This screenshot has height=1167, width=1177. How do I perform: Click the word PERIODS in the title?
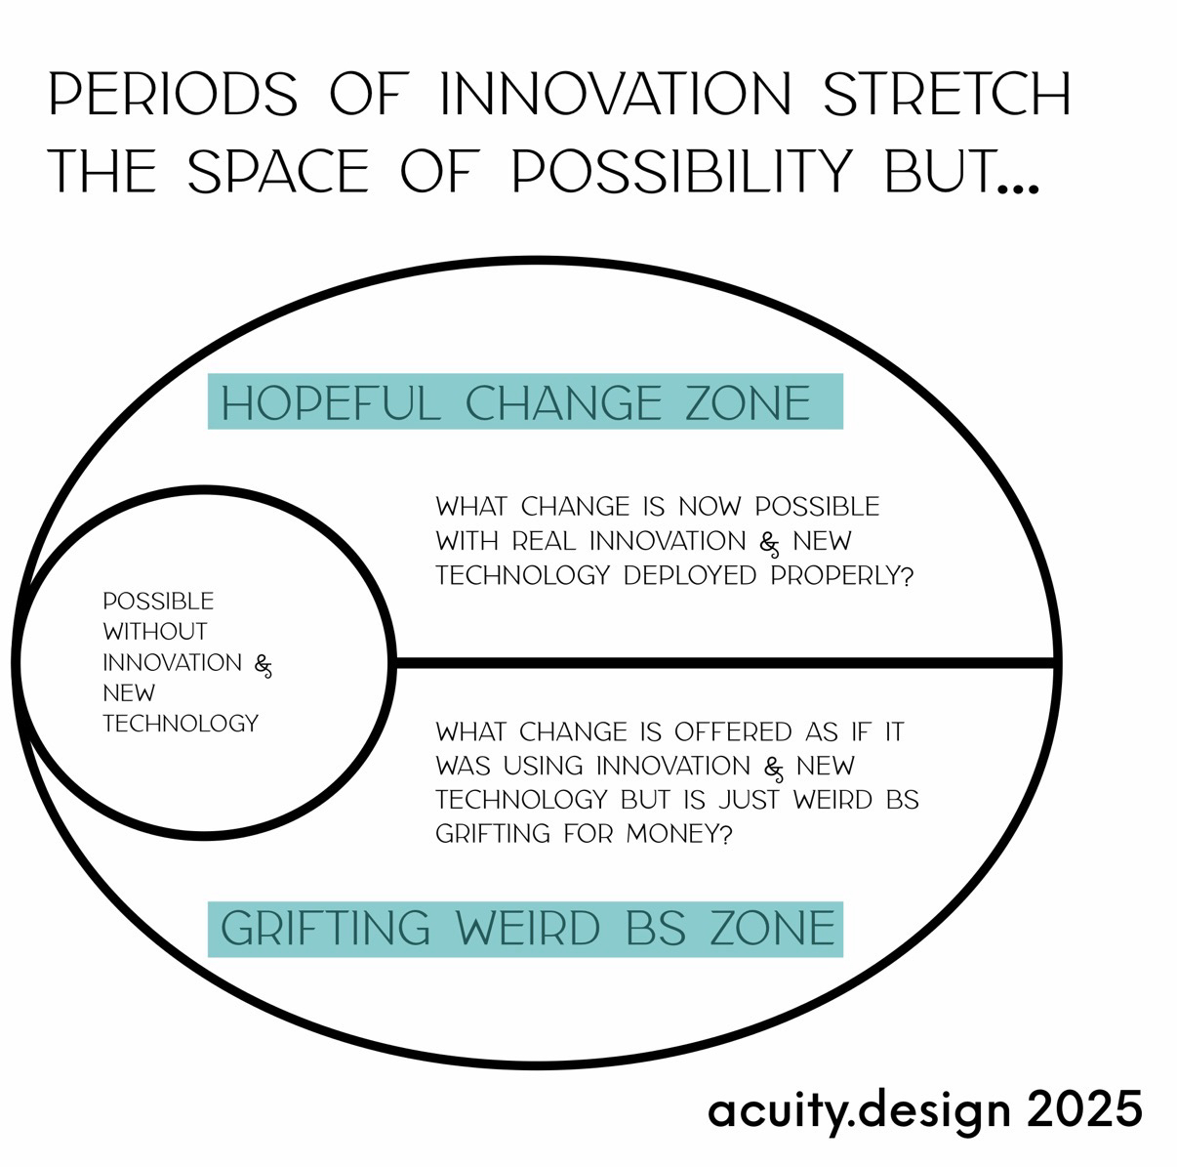point(173,94)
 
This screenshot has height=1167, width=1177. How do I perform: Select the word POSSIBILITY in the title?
point(681,171)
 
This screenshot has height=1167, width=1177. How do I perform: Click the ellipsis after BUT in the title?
point(1018,188)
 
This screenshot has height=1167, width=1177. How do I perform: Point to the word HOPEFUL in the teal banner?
point(331,402)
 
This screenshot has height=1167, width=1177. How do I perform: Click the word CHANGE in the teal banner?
point(563,402)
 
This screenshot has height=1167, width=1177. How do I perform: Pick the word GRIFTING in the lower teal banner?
point(325,928)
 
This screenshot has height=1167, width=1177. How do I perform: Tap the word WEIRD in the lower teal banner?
point(528,928)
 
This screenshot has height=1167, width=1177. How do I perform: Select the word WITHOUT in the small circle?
point(155,631)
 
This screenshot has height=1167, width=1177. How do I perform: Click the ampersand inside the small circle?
point(264,666)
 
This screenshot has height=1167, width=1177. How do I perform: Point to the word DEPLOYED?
point(690,575)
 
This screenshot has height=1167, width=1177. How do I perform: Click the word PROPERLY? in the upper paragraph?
point(841,575)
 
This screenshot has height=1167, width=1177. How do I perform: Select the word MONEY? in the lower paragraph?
point(678,833)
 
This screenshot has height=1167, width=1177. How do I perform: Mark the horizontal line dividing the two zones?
point(726,663)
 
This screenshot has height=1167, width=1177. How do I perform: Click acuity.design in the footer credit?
point(859,1110)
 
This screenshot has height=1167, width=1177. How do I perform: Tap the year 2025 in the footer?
point(1084,1108)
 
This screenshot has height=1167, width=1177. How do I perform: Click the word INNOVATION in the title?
point(615,94)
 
